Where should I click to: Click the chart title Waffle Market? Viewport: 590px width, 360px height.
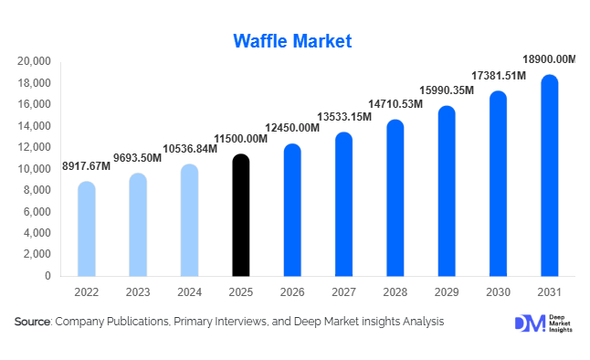[x=292, y=41]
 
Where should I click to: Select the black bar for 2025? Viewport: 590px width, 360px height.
[x=240, y=216]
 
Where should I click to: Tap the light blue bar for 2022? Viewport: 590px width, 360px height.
[x=86, y=229]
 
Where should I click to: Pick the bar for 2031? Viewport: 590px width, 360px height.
[x=549, y=175]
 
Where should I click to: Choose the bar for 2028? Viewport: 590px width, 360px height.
[x=395, y=198]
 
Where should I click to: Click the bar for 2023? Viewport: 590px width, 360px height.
[x=137, y=225]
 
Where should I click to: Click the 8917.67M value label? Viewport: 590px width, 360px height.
[x=86, y=166]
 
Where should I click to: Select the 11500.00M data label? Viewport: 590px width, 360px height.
[x=240, y=138]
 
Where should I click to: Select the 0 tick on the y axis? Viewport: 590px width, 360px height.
[x=47, y=276]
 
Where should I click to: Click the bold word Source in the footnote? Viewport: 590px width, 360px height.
[x=33, y=322]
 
